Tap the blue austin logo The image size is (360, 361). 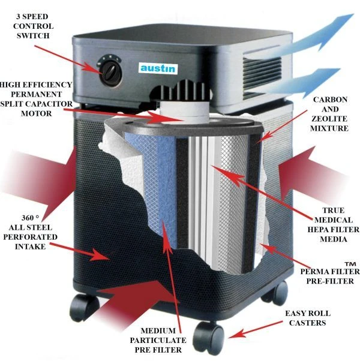click(157, 68)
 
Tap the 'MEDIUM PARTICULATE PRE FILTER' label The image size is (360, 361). click(158, 339)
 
